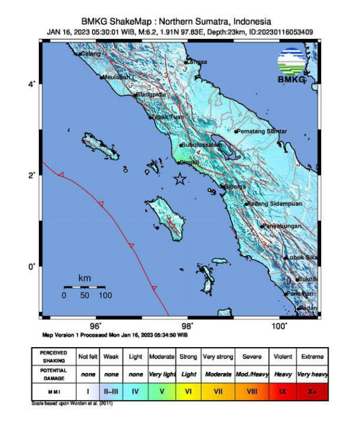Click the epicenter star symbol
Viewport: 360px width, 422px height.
tap(179, 179)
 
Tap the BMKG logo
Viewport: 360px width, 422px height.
tap(291, 66)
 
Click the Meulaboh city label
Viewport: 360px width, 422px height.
tap(116, 77)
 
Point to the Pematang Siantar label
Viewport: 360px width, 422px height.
tap(262, 131)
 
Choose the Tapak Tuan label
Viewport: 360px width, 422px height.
tap(168, 117)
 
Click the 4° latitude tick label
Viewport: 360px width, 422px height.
tap(33, 84)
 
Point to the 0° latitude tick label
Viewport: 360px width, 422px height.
tap(33, 266)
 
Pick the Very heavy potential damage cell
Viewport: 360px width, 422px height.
tap(312, 374)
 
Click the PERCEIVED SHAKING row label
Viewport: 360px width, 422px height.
tap(54, 357)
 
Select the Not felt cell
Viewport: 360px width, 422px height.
tap(88, 357)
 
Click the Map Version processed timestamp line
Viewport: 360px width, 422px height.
tap(115, 335)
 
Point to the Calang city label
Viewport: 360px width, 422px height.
tap(90, 53)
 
